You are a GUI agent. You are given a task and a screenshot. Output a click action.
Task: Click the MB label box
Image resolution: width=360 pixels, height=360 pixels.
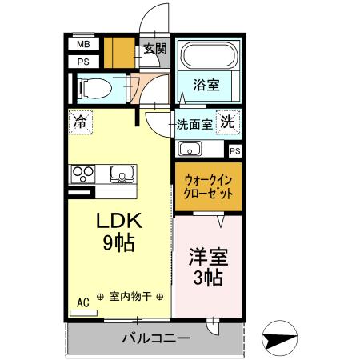click(83, 45)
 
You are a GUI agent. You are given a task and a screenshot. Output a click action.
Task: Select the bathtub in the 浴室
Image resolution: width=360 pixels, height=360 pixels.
click(207, 57)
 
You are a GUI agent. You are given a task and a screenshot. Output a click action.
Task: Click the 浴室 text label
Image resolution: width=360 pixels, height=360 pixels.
click(207, 84)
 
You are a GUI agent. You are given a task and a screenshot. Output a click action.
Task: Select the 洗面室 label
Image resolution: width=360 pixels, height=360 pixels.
click(194, 124)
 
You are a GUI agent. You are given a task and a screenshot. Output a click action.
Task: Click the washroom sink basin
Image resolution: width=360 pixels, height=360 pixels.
click(190, 149)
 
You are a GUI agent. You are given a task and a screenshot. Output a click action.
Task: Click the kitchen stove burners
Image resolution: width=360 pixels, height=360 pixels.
click(83, 173)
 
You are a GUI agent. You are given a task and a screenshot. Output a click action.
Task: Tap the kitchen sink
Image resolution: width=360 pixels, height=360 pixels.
click(122, 173)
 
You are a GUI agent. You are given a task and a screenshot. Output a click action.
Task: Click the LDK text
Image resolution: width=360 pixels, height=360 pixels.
click(119, 222)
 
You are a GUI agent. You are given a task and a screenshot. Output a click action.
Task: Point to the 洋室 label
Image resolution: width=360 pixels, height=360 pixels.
click(209, 257)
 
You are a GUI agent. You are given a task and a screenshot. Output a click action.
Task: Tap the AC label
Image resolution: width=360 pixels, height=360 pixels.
click(82, 302)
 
